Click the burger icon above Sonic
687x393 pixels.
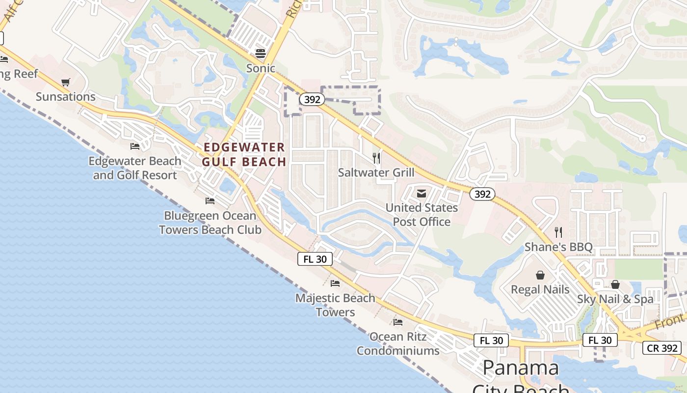click(x=260, y=53)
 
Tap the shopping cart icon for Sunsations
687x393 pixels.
click(x=65, y=82)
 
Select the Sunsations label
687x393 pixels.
click(x=65, y=96)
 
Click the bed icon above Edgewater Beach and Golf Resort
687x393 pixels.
click(x=134, y=146)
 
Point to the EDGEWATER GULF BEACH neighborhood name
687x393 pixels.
click(x=244, y=154)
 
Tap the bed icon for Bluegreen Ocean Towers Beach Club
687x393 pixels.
click(x=210, y=200)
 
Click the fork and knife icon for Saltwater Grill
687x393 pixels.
click(x=376, y=158)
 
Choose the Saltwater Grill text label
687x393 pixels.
click(x=376, y=172)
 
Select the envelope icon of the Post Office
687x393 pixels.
click(x=421, y=194)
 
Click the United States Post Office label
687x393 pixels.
click(x=422, y=215)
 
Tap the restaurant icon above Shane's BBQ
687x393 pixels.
click(x=558, y=232)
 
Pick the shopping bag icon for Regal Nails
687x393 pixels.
click(x=540, y=275)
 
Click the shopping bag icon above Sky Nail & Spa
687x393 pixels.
click(x=615, y=284)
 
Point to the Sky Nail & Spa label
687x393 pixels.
click(x=615, y=299)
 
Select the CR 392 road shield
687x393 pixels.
click(x=662, y=348)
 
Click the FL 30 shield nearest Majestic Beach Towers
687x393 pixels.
click(x=315, y=259)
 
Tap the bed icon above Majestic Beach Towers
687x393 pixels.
click(x=335, y=283)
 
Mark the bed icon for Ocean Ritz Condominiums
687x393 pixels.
click(x=397, y=322)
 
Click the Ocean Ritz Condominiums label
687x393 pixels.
click(x=398, y=343)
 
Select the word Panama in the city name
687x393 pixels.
click(x=520, y=368)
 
